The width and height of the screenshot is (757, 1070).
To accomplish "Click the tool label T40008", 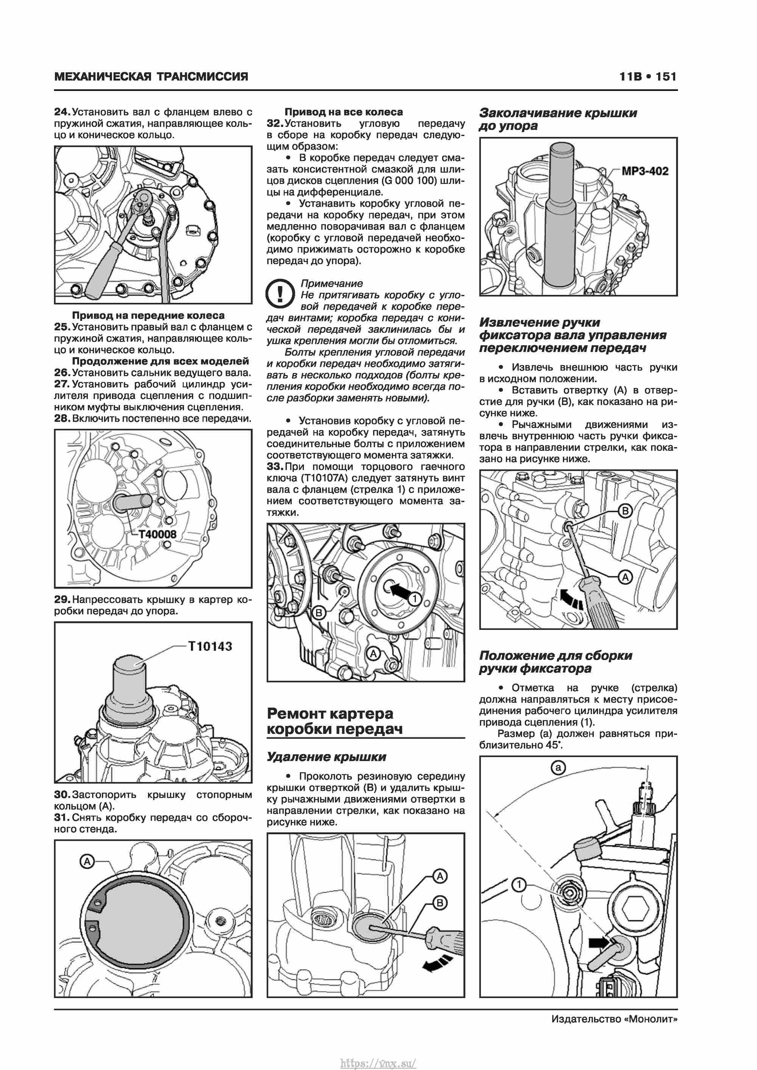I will (157, 534).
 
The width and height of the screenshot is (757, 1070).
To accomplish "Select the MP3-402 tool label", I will (645, 171).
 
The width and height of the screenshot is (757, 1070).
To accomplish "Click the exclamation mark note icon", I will (280, 293).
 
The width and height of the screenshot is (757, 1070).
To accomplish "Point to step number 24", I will (62, 112).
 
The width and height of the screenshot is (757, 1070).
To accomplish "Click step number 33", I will (275, 467).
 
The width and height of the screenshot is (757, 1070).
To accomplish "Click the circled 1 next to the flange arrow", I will (414, 599).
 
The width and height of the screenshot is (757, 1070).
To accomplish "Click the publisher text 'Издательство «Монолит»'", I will (614, 1019).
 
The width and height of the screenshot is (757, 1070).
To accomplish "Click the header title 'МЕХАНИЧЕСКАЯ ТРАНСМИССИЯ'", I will (151, 76).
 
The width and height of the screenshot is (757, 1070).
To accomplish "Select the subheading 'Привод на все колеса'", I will (344, 112).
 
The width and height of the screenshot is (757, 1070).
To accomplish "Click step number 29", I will (62, 599).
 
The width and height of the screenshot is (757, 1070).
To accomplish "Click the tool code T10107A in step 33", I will (330, 478).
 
